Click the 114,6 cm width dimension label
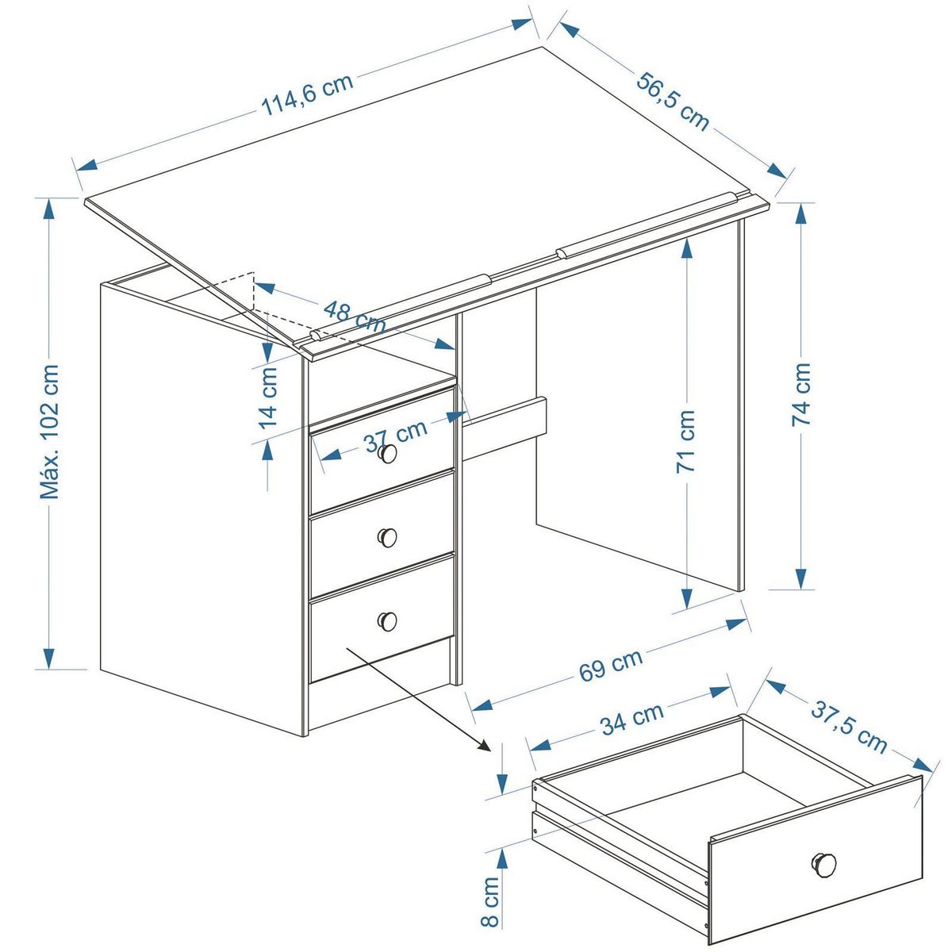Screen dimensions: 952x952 pyautogui.click(x=307, y=95)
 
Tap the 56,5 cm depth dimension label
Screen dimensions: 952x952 pyautogui.click(x=673, y=102)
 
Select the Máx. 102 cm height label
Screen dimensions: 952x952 pyautogui.click(x=49, y=432)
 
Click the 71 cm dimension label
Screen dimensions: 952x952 pyautogui.click(x=685, y=442)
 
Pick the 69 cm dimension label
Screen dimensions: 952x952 pyautogui.click(x=611, y=665)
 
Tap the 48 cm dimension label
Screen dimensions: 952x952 pyautogui.click(x=354, y=317)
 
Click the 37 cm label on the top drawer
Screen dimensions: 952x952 pyautogui.click(x=395, y=436)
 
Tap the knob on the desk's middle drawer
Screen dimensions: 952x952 pyautogui.click(x=387, y=537)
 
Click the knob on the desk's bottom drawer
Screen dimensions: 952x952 pyautogui.click(x=387, y=621)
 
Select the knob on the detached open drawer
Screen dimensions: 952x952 pyautogui.click(x=823, y=862)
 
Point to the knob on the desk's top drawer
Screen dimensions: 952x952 pyautogui.click(x=387, y=454)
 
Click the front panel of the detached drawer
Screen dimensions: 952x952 pyautogui.click(x=816, y=860)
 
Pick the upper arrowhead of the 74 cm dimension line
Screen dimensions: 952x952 pyautogui.click(x=800, y=214)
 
